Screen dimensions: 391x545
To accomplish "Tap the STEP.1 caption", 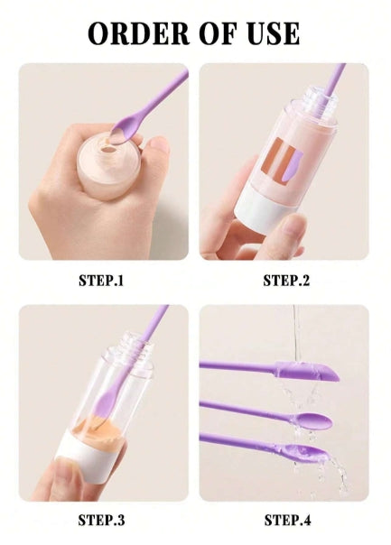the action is click(x=101, y=281).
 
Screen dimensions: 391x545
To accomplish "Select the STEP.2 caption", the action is click(x=286, y=281).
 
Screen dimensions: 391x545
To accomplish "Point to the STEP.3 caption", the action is click(x=101, y=521).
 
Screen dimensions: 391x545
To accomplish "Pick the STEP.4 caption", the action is click(x=287, y=521).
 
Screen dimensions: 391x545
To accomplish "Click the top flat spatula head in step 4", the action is click(x=307, y=371).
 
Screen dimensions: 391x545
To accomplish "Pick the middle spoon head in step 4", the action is click(x=312, y=420).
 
